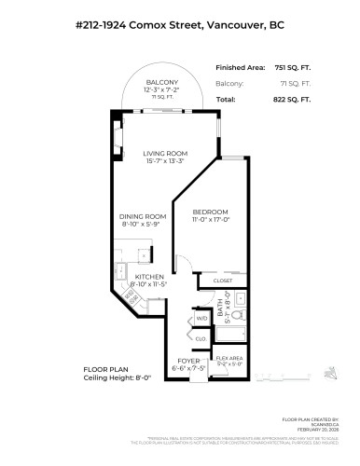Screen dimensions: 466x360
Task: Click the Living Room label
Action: click(x=166, y=155)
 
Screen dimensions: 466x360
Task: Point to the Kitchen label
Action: click(x=150, y=277)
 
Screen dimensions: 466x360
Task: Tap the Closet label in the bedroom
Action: click(x=222, y=281)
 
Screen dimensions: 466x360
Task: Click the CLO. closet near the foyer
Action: click(x=201, y=339)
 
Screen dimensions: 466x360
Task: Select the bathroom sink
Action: click(x=238, y=300)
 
